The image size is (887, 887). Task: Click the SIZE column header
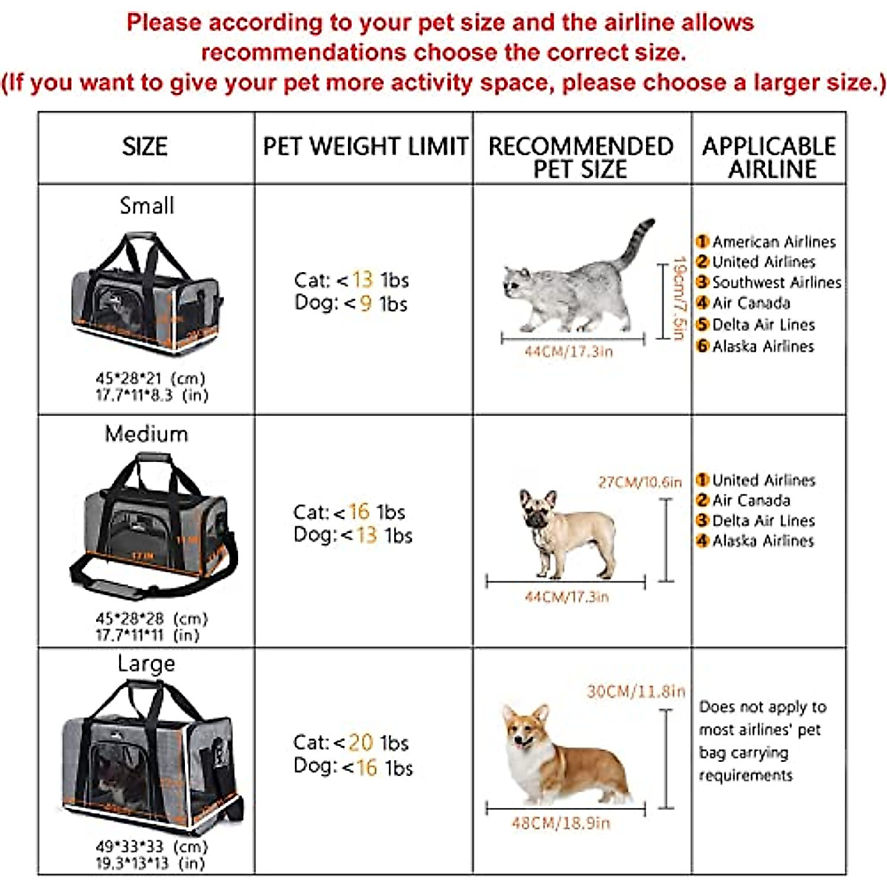pyautogui.click(x=145, y=146)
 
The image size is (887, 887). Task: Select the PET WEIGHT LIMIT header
pyautogui.click(x=365, y=146)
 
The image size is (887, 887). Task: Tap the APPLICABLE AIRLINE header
pyautogui.click(x=769, y=157)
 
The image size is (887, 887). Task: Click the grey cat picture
pyautogui.click(x=573, y=281)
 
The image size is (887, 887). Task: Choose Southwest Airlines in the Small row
pyautogui.click(x=776, y=282)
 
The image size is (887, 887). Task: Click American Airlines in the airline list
pyautogui.click(x=773, y=242)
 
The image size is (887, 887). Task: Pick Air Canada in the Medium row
pyautogui.click(x=750, y=500)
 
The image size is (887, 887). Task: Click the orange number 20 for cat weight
pyautogui.click(x=361, y=742)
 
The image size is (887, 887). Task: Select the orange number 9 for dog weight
pyautogui.click(x=365, y=303)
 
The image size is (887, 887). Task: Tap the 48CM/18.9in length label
pyautogui.click(x=561, y=823)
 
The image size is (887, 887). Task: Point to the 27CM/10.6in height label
pyautogui.click(x=639, y=482)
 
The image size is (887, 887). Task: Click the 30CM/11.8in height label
pyautogui.click(x=636, y=691)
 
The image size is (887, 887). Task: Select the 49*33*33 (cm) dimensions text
pyautogui.click(x=152, y=846)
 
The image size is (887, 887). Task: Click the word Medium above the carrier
pyautogui.click(x=146, y=433)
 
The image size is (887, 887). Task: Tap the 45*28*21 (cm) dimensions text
pyautogui.click(x=150, y=378)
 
